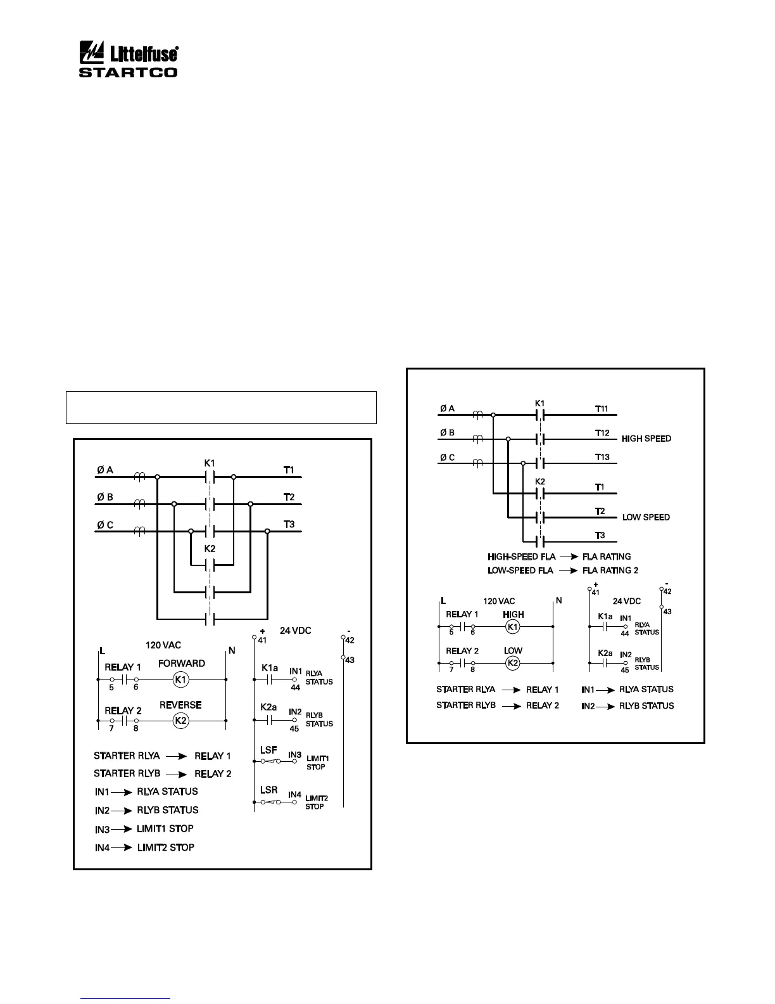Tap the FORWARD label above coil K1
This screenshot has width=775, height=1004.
tap(182, 664)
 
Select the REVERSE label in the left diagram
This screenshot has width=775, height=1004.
tap(180, 705)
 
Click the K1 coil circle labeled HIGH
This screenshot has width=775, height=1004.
tap(514, 627)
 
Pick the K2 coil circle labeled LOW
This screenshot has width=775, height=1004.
tap(514, 664)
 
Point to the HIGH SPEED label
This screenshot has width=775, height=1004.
tap(646, 439)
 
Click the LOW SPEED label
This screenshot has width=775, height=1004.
tap(646, 517)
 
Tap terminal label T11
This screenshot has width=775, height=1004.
tap(602, 409)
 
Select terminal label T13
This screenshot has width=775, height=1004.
tap(602, 457)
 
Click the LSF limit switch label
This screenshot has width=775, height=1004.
tap(269, 750)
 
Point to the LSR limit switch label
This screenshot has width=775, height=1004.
tap(269, 790)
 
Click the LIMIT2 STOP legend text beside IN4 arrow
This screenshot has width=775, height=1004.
tap(165, 847)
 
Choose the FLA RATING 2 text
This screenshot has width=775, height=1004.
tap(610, 570)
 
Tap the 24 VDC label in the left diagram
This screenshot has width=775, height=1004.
tap(296, 631)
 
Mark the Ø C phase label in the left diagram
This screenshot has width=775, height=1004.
tap(105, 525)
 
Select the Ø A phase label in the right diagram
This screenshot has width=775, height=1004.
tap(447, 409)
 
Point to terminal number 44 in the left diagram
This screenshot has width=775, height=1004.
tap(295, 688)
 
